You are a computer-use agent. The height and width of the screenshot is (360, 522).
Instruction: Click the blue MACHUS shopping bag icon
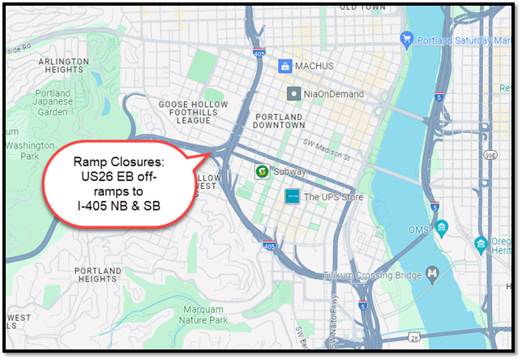[x=285, y=66]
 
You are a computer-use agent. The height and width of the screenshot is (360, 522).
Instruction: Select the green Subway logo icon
[x=262, y=171]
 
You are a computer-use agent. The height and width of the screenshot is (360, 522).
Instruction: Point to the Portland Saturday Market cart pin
[x=407, y=38]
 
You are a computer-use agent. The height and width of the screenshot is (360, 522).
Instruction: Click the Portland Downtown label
[x=280, y=120]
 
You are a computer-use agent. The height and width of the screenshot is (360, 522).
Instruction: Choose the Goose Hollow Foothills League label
[x=184, y=112]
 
